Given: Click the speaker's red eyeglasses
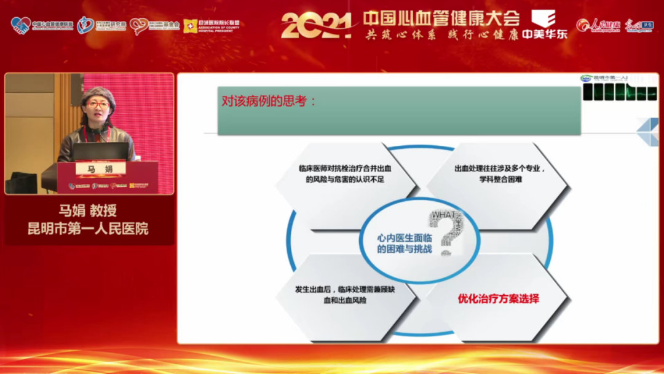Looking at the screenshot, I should tap(98, 105).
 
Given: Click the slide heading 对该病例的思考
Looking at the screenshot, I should tap(269, 101).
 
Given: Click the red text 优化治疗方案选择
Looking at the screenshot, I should tap(498, 299).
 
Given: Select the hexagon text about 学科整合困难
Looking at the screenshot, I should tap(499, 173).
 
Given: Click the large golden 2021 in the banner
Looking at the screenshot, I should tap(316, 25).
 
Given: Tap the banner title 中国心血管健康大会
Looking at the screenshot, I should tap(441, 17).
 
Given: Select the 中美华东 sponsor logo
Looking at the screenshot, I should tap(544, 25).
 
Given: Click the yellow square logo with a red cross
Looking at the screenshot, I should tap(190, 25).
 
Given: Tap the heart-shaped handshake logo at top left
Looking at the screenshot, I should tap(20, 25).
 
